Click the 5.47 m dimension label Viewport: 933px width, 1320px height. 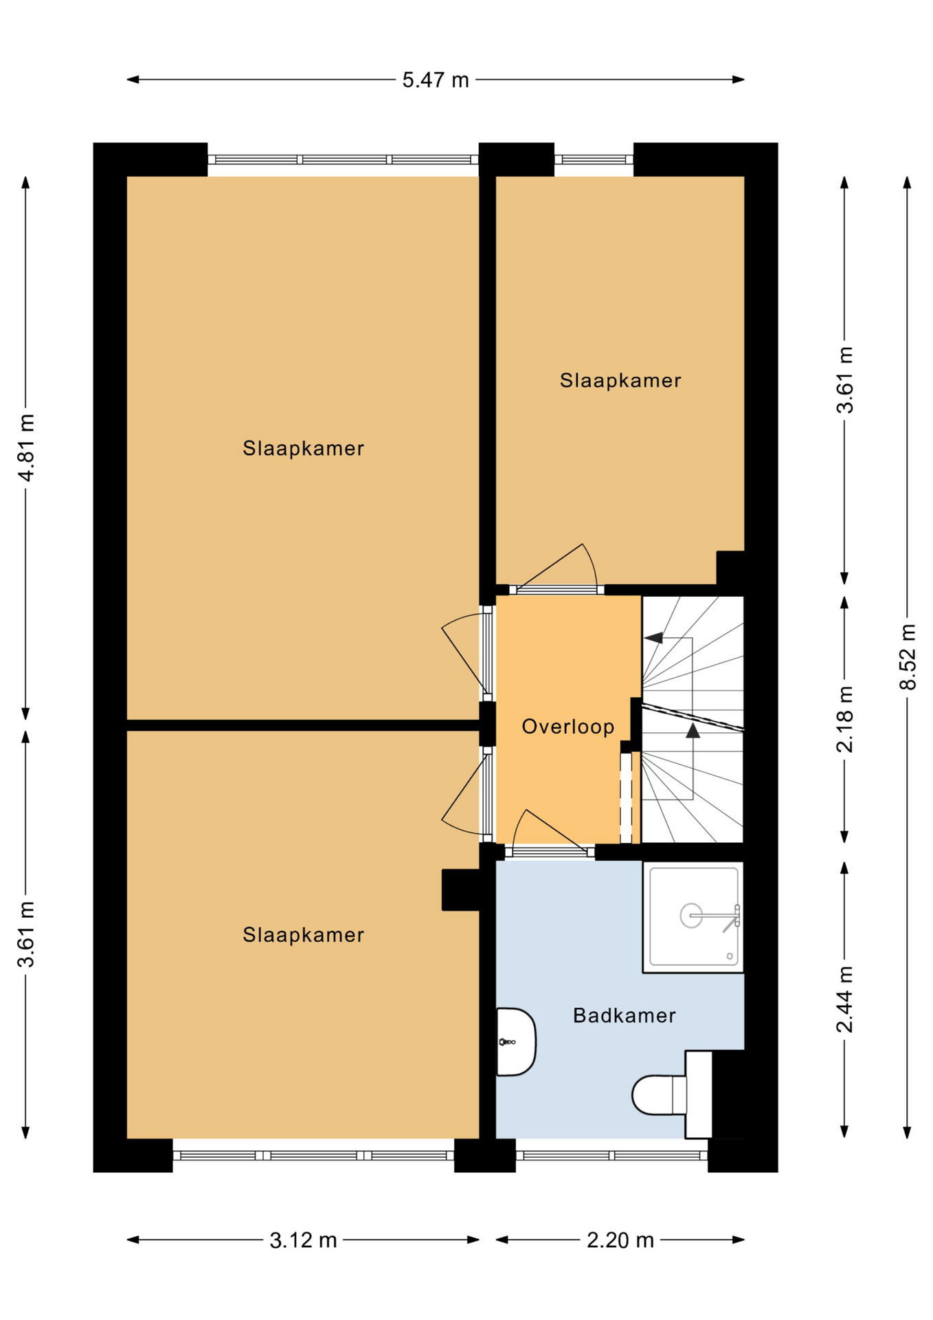click(x=436, y=80)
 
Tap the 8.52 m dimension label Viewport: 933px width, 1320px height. click(x=908, y=657)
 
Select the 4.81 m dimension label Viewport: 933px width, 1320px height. click(x=26, y=448)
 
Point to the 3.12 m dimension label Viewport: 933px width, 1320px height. click(x=303, y=1240)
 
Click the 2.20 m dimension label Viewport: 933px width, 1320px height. click(x=620, y=1240)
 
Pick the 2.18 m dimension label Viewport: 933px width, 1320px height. click(x=845, y=719)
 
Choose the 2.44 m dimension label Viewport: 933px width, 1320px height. click(x=845, y=1000)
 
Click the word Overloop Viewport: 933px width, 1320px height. click(x=568, y=727)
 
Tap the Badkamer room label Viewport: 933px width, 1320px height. click(x=625, y=1015)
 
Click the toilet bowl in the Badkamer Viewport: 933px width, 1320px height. click(x=658, y=1095)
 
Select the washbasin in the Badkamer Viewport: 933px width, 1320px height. click(x=516, y=1042)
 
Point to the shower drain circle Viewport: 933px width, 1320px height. click(x=691, y=915)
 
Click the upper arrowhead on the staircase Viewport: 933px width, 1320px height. click(x=653, y=638)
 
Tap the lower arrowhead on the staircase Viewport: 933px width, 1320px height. click(x=693, y=731)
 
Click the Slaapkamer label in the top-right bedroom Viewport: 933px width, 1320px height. click(x=620, y=381)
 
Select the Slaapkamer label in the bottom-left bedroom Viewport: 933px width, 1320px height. click(x=303, y=935)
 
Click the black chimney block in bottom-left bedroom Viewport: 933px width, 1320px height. click(x=460, y=890)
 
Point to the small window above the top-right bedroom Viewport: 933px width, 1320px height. click(x=594, y=159)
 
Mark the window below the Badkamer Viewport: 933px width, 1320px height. click(x=611, y=1156)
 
